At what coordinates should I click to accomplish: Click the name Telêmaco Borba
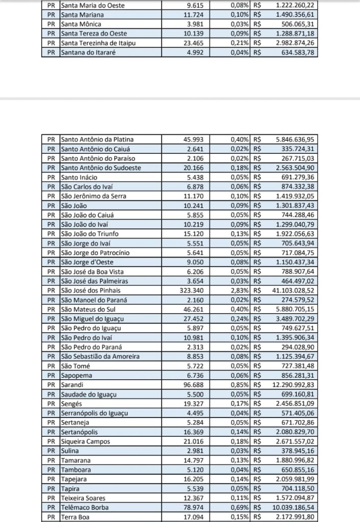(84, 507)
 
